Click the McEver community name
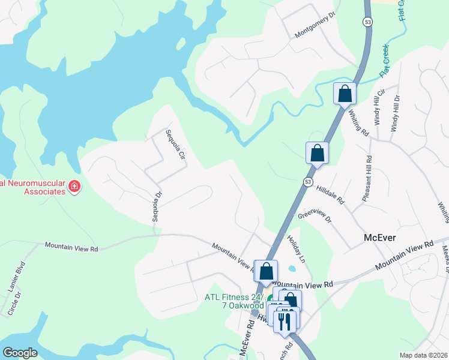(x=380, y=238)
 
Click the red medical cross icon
(x=74, y=187)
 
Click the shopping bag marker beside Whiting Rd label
(x=345, y=94)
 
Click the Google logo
(x=20, y=352)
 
